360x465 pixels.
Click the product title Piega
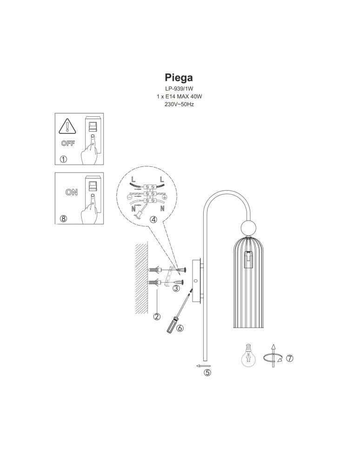click(x=179, y=77)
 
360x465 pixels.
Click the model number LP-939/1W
click(x=179, y=88)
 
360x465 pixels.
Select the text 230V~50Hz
click(x=179, y=104)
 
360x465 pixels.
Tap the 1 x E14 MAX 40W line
click(x=179, y=96)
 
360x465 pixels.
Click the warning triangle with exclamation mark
click(x=68, y=126)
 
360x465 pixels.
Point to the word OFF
click(x=68, y=143)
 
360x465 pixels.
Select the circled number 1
click(x=63, y=159)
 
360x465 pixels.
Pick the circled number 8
click(x=63, y=219)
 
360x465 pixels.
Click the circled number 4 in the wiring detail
click(x=153, y=219)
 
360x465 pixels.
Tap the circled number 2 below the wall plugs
click(x=157, y=317)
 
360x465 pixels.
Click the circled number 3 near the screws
click(x=176, y=288)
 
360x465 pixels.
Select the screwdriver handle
click(x=172, y=324)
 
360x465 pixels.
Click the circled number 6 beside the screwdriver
click(x=180, y=328)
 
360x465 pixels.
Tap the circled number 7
click(x=289, y=358)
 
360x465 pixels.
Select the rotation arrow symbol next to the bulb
click(x=273, y=357)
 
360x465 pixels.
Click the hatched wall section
click(x=140, y=279)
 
